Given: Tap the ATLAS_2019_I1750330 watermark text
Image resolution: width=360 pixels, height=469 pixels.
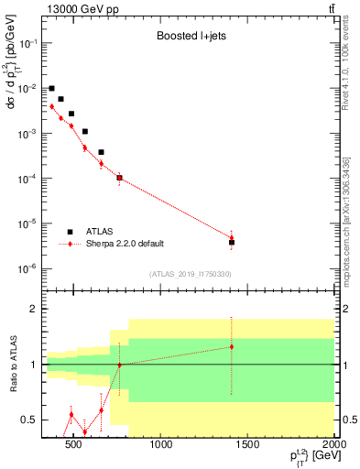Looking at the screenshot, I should click(x=190, y=274).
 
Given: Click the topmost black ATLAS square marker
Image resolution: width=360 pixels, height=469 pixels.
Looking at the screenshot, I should click(x=51, y=89).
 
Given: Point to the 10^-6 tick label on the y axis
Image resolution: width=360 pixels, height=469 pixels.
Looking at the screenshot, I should click(x=27, y=268).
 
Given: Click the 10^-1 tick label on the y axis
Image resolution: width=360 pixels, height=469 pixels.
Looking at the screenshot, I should click(x=27, y=44).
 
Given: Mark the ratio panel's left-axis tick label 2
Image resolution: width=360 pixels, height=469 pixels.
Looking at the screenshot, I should click(x=33, y=309).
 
